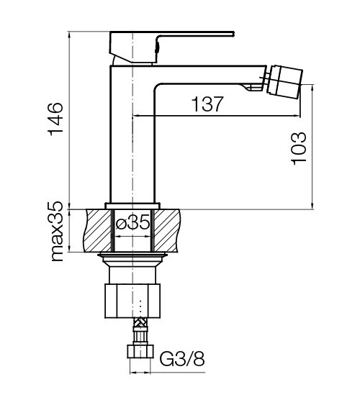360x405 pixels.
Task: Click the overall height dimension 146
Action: pyautogui.click(x=56, y=119)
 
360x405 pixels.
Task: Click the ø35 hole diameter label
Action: pyautogui.click(x=132, y=224)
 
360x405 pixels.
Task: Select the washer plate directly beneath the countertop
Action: pyautogui.click(x=132, y=255)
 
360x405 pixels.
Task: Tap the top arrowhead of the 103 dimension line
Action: pyautogui.click(x=313, y=86)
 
